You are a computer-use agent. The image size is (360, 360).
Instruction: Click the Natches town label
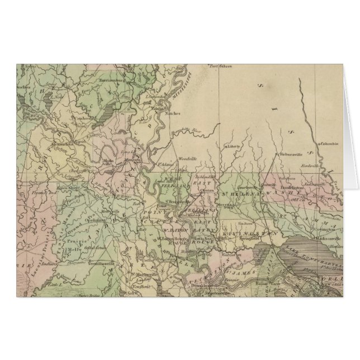coord(172,113)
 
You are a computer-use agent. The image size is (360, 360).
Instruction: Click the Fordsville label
coord(309,165)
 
